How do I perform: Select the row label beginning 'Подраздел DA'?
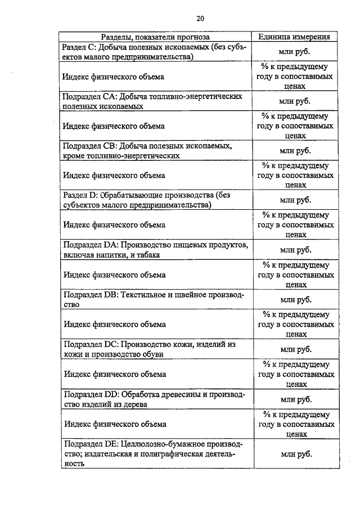click(x=154, y=249)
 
